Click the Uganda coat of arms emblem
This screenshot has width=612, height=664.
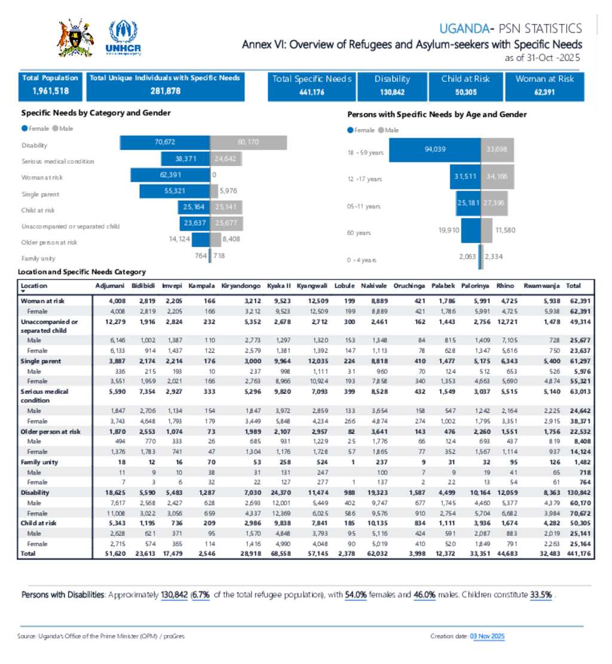(x=75, y=38)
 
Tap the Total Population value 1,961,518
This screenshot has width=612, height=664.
(x=50, y=91)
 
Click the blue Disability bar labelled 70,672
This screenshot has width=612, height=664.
(x=165, y=142)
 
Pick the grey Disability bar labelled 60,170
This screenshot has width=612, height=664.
(x=249, y=142)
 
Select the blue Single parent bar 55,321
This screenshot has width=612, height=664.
(x=175, y=191)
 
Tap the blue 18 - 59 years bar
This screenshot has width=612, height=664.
(x=435, y=149)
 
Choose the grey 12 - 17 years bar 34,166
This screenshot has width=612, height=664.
(x=496, y=176)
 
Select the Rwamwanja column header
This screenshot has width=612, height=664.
(x=541, y=286)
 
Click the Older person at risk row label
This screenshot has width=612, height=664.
(x=51, y=432)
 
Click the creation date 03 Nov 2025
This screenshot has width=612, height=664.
(x=487, y=637)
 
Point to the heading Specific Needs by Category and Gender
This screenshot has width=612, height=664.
(x=96, y=112)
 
